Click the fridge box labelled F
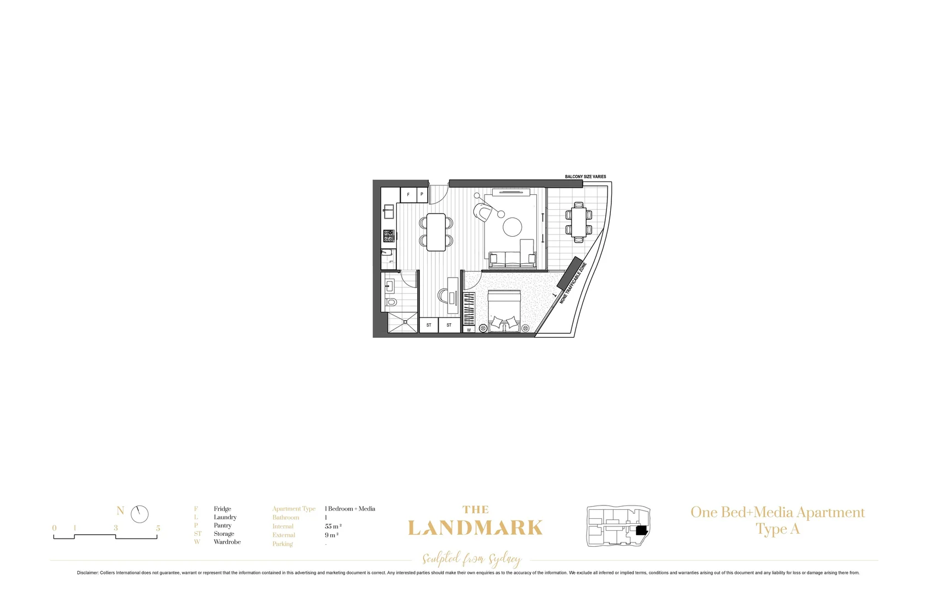pos(408,195)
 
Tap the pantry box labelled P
pos(422,194)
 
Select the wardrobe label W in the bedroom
pos(469,330)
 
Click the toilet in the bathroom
pos(391,302)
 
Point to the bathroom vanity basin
pos(390,286)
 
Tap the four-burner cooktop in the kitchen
pos(389,236)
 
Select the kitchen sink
pos(389,211)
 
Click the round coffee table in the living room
pos(512,227)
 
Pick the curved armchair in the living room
pos(484,213)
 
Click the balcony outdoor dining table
pos(578,222)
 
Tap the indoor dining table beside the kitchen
pos(436,232)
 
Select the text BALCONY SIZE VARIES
pos(585,177)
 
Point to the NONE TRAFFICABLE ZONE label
pos(572,283)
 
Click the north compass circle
pos(140,514)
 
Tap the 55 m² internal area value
pos(333,526)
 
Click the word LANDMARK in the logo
pos(475,528)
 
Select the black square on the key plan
pos(641,530)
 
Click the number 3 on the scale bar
pos(116,528)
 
